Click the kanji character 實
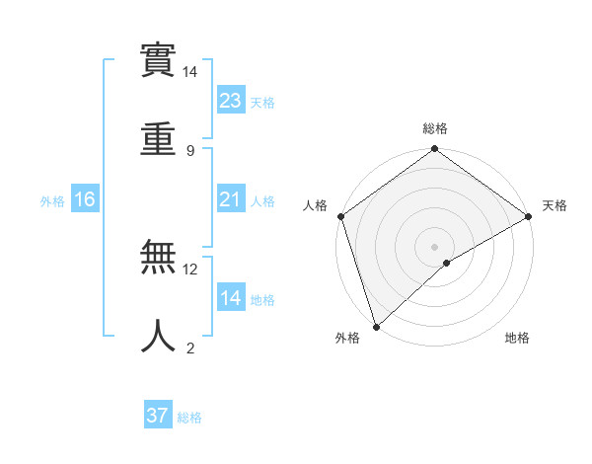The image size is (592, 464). pos(160,61)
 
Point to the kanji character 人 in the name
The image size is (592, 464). pos(160,337)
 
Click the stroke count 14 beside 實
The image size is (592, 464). pos(190,73)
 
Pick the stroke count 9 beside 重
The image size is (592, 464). pos(190,150)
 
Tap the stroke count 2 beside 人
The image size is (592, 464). pos(190,348)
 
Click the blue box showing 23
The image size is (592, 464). pos(231,101)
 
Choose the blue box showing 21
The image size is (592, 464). pos(231,199)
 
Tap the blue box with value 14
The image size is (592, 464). pos(231,298)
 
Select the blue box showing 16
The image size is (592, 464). pos(85,199)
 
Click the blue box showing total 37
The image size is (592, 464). pos(158,416)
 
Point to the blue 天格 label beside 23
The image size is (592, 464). pos(262,103)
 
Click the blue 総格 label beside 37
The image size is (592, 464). pos(189,418)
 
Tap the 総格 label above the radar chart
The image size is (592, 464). pos(435,128)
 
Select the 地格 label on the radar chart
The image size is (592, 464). pos(517,339)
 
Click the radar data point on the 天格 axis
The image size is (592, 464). pos(529,216)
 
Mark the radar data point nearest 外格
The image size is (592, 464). pos(376,326)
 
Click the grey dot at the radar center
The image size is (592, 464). pos(434,246)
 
